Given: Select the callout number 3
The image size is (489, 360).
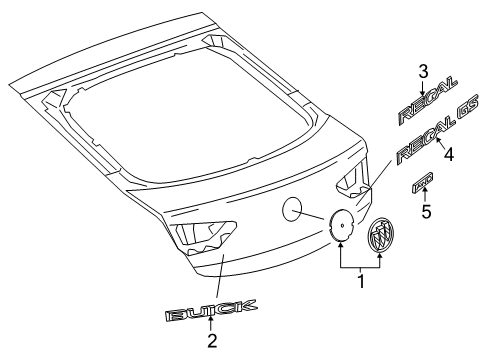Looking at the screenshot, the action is click(x=423, y=70).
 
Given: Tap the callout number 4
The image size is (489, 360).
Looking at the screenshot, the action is click(x=449, y=155).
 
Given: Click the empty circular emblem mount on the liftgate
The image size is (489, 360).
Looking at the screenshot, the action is click(x=295, y=209).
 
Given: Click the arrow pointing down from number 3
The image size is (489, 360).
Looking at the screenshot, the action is click(x=423, y=85).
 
